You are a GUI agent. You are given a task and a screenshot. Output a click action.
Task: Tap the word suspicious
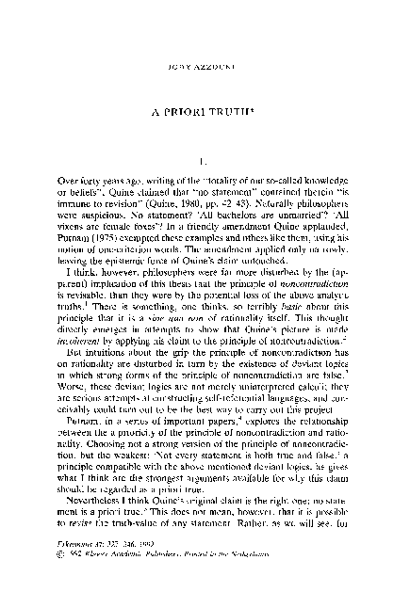(x=106, y=227)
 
